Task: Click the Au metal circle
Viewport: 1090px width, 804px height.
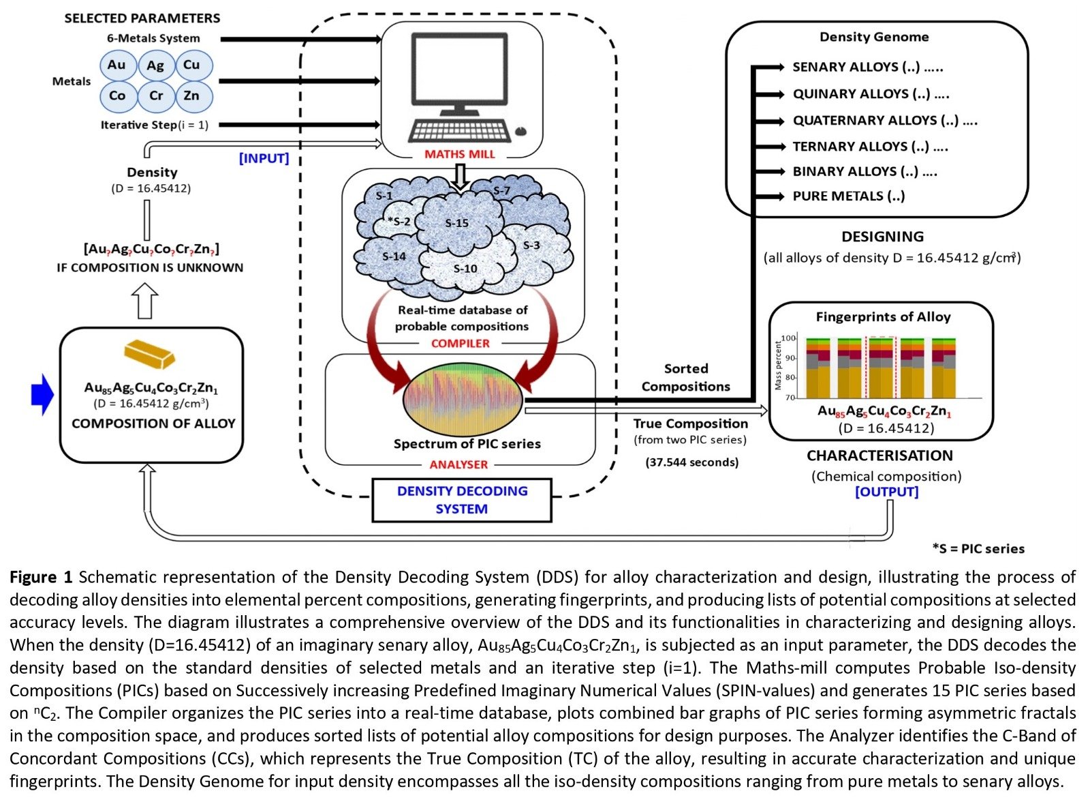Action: [x=116, y=65]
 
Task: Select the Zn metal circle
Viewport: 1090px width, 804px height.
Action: [x=192, y=96]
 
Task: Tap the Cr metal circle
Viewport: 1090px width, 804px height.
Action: [x=156, y=96]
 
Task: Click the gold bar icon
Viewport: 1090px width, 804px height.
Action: [x=149, y=353]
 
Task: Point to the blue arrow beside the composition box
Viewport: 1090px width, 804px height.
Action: [x=42, y=394]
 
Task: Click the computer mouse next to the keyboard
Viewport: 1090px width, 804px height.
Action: [x=521, y=131]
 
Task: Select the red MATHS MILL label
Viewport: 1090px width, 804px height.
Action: [x=460, y=154]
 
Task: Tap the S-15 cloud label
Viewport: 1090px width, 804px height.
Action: [x=457, y=223]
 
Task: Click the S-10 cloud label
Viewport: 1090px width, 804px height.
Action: [x=465, y=269]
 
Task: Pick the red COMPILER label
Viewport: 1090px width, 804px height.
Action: [x=460, y=344]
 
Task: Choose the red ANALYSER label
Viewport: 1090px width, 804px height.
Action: [x=458, y=464]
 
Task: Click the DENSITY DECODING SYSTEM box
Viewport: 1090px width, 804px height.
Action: [x=462, y=500]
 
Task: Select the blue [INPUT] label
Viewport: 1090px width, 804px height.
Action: [x=264, y=158]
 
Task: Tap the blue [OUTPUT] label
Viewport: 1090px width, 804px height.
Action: [x=886, y=492]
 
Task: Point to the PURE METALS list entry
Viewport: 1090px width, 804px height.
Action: [x=848, y=196]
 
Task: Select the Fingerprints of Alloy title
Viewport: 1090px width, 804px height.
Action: [x=883, y=317]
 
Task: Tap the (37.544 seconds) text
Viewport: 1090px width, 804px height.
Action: [x=691, y=462]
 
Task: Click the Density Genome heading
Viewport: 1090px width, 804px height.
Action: [x=873, y=37]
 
